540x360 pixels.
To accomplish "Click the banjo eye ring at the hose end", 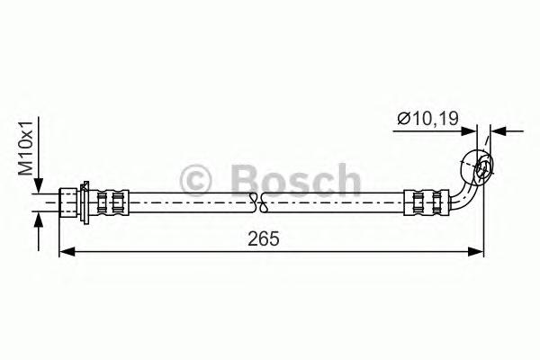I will coord(478,166).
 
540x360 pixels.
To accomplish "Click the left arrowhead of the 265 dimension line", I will coord(64,255).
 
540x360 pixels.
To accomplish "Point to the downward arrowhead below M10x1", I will coord(37,187).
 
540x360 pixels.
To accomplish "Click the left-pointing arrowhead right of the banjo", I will coord(498,131).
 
